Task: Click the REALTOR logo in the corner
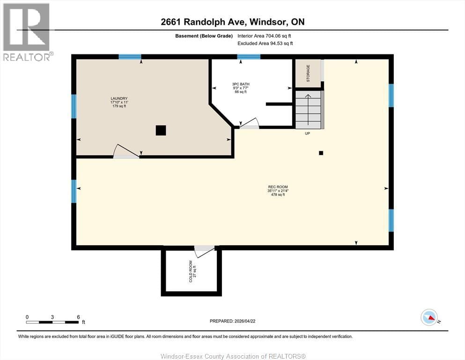pyautogui.click(x=27, y=32)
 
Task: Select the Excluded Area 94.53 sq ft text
pyautogui.click(x=266, y=44)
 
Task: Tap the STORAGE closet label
pyautogui.click(x=308, y=74)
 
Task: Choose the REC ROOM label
pyautogui.click(x=278, y=191)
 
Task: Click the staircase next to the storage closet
pyautogui.click(x=309, y=110)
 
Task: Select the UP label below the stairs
pyautogui.click(x=307, y=134)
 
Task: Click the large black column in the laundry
pyautogui.click(x=161, y=131)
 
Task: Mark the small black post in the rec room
pyautogui.click(x=321, y=153)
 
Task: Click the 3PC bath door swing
pyautogui.click(x=249, y=123)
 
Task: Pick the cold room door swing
pyautogui.click(x=204, y=250)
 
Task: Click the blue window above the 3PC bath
pyautogui.click(x=249, y=57)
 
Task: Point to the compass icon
pyautogui.click(x=429, y=317)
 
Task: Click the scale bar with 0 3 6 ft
pyautogui.click(x=52, y=322)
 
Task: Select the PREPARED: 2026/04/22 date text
pyautogui.click(x=233, y=321)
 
